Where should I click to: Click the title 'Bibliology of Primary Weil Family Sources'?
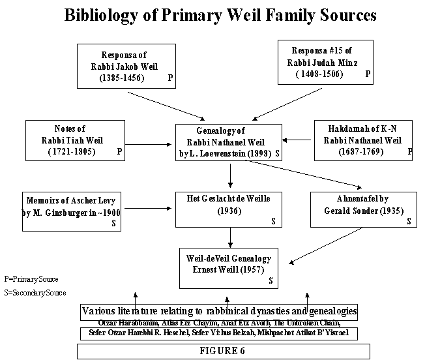coord(220,16)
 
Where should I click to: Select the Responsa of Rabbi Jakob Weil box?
coord(127,66)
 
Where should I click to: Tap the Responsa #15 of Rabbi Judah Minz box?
coord(325,62)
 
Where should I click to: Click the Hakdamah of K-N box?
coord(363,140)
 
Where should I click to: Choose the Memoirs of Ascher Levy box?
coord(71,209)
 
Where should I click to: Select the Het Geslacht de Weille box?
coord(229,209)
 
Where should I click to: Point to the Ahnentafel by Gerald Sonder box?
coord(363,209)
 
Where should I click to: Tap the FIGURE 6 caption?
coord(223,351)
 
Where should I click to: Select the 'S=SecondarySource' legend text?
coord(35,293)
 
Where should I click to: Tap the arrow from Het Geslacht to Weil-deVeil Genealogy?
coord(229,236)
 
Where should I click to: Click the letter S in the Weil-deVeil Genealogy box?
coord(270,281)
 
